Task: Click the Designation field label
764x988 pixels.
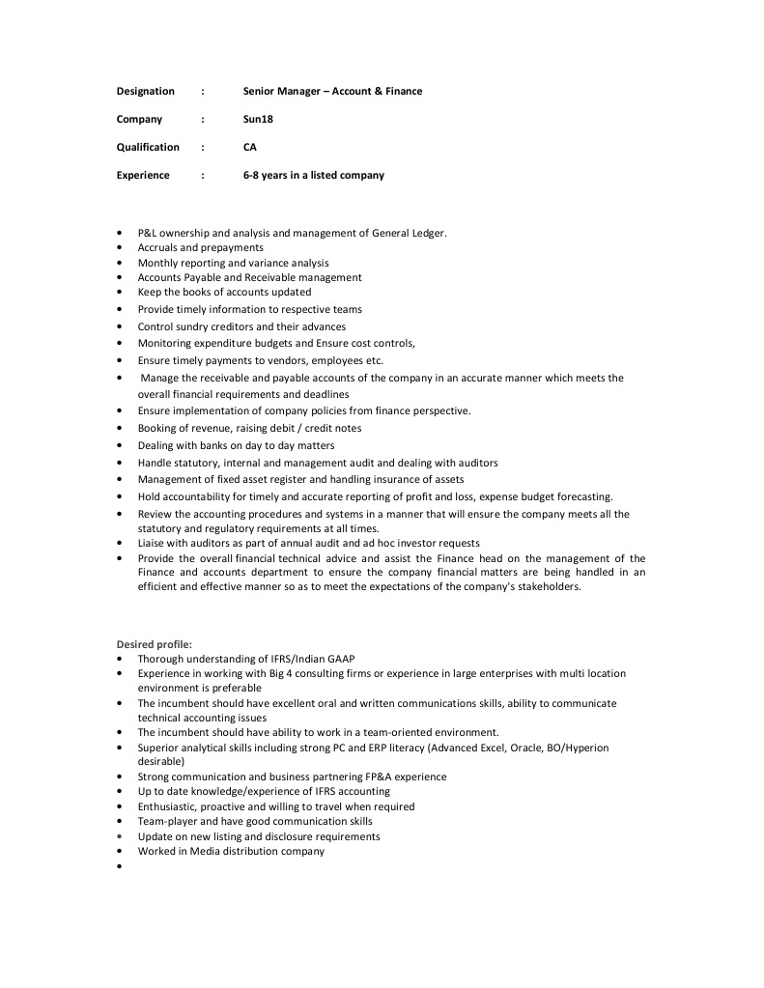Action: (146, 92)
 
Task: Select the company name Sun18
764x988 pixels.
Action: (258, 120)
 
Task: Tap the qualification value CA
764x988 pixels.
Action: (250, 148)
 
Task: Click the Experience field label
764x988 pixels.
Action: (143, 176)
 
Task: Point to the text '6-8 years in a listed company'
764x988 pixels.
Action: (313, 176)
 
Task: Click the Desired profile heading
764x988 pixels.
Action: (155, 643)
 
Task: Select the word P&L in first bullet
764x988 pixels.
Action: (148, 233)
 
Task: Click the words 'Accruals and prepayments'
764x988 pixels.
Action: (200, 247)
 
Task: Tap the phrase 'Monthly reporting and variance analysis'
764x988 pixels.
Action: (233, 263)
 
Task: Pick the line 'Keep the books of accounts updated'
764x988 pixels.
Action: (224, 292)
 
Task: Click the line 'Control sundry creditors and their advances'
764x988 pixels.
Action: (241, 326)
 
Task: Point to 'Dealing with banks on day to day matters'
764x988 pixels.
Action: (236, 445)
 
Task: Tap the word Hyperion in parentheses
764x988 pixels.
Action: (588, 748)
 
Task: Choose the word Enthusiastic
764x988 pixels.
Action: (169, 806)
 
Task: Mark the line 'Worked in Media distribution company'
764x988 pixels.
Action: (231, 851)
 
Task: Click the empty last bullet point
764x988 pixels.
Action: (119, 866)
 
